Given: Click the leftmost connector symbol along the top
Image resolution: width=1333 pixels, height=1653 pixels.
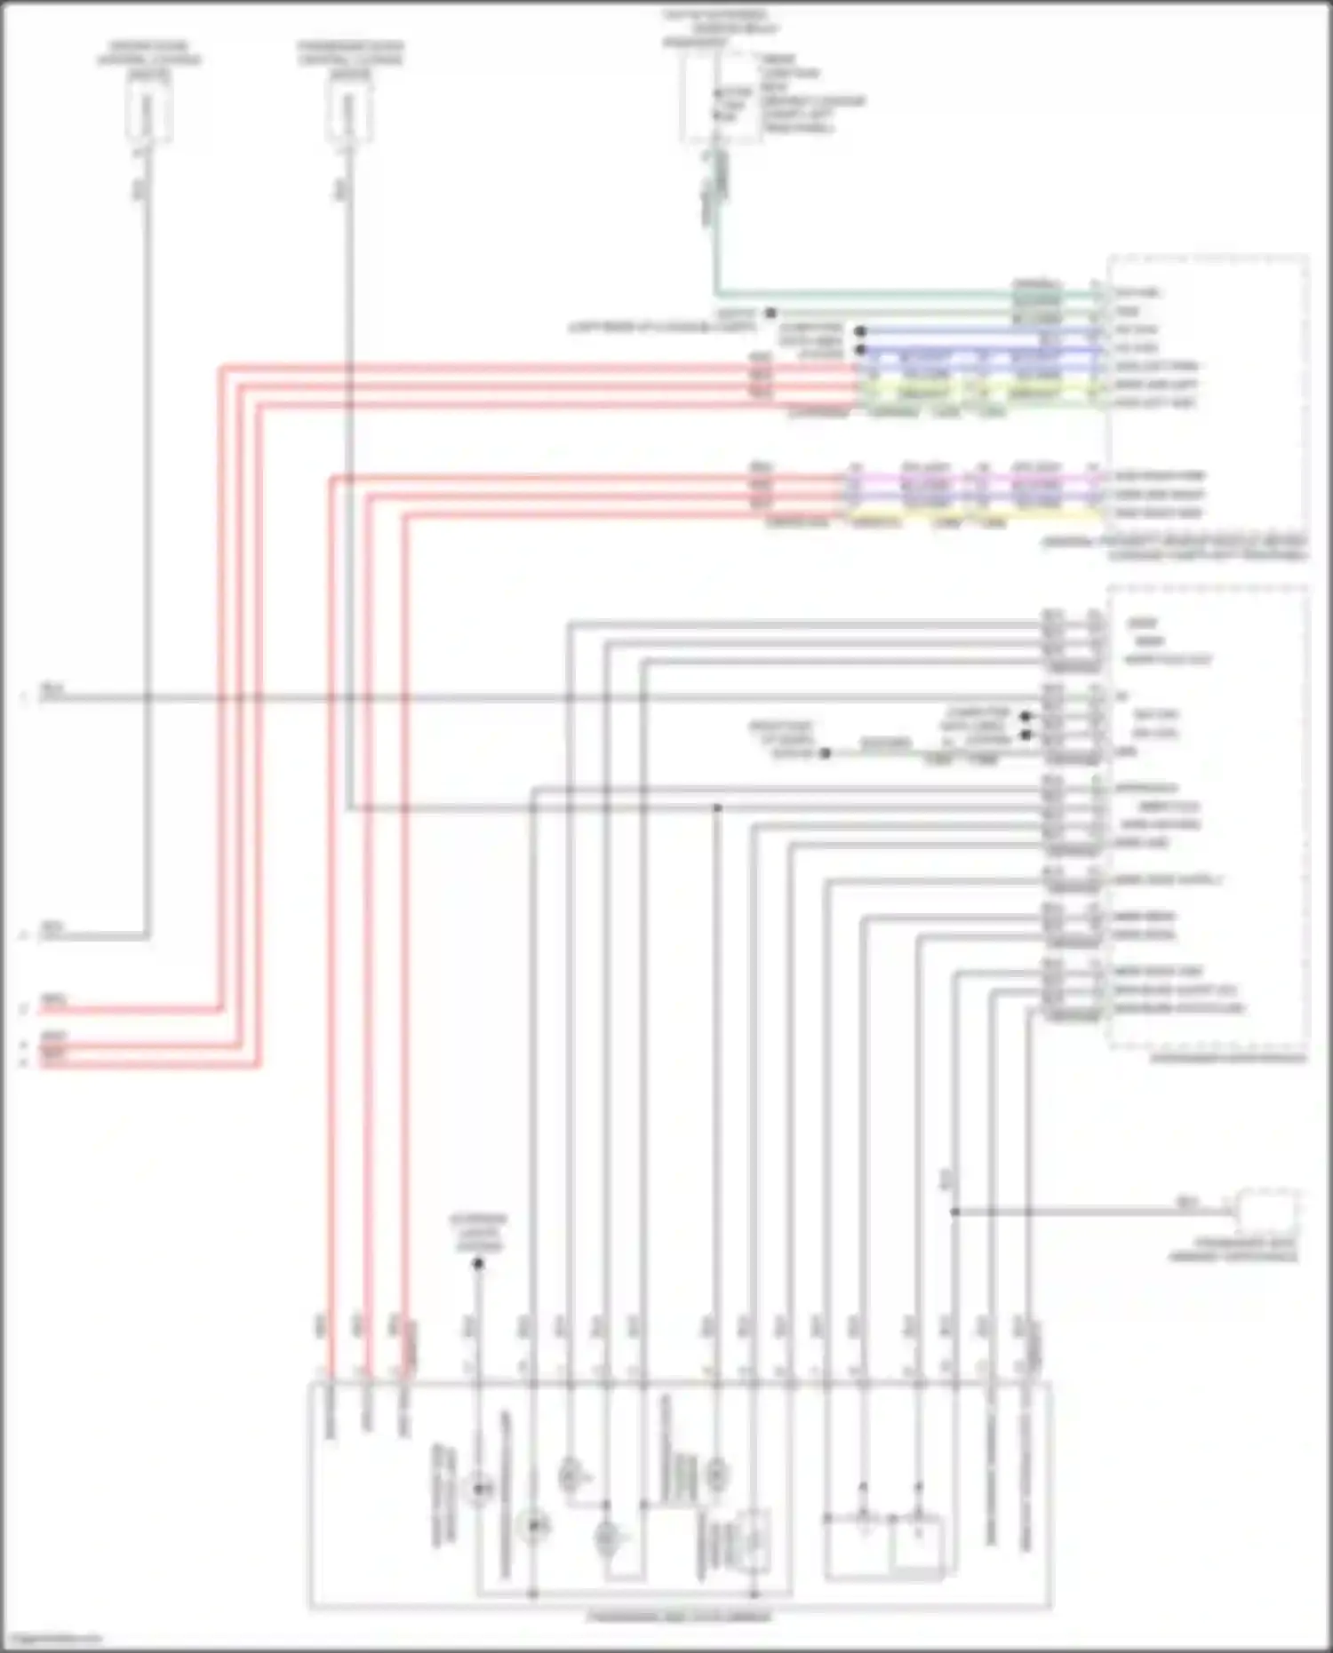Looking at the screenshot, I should click(148, 116).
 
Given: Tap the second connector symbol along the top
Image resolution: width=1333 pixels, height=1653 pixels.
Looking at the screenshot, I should click(348, 116).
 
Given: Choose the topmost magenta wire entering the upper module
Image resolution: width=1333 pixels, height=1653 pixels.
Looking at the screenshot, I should click(978, 476).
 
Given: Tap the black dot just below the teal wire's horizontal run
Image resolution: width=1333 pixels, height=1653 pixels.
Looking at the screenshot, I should click(770, 313).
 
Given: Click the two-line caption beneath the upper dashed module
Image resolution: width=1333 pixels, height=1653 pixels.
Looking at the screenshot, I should click(1173, 548).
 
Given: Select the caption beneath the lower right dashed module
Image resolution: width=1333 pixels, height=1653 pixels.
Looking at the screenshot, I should click(1226, 1058).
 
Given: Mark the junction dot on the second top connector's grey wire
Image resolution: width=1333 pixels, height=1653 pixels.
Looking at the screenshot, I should click(717, 807).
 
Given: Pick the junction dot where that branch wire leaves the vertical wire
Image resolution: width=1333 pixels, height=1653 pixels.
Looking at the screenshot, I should click(954, 1211).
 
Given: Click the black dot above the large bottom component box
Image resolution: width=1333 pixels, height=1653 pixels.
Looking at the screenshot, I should click(477, 1263).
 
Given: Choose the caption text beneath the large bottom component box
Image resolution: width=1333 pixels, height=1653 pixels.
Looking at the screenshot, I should click(680, 1617).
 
